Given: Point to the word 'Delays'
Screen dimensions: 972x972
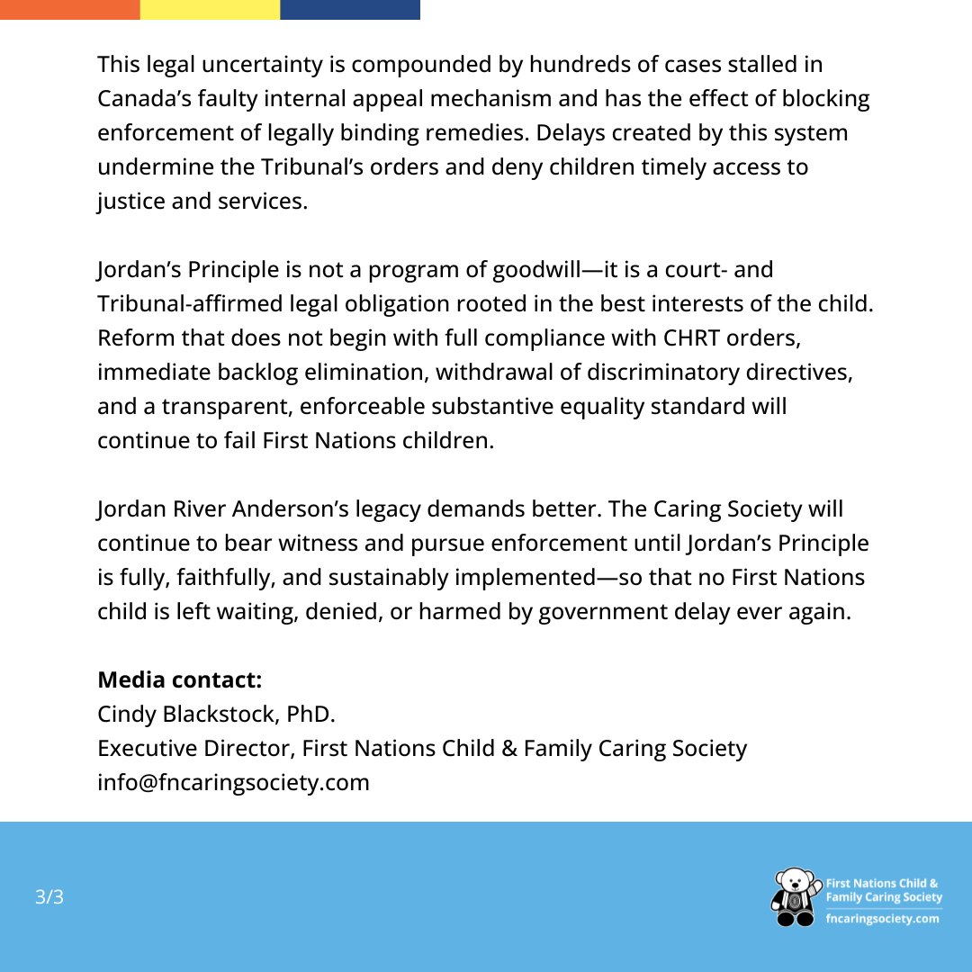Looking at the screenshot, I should point(567,133).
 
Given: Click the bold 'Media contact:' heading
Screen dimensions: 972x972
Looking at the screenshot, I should point(180,680).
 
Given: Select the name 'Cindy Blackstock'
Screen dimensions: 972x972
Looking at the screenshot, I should point(188,715).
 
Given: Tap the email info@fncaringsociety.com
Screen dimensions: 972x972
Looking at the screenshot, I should point(233,783).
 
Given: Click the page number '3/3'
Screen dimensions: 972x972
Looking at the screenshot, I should point(49,897).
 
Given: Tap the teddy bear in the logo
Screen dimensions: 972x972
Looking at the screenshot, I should point(794,897).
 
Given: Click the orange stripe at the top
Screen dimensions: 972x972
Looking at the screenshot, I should point(70,9).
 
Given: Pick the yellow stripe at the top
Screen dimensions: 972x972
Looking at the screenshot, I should point(210,9).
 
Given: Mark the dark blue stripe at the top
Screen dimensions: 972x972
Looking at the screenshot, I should point(350,9).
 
